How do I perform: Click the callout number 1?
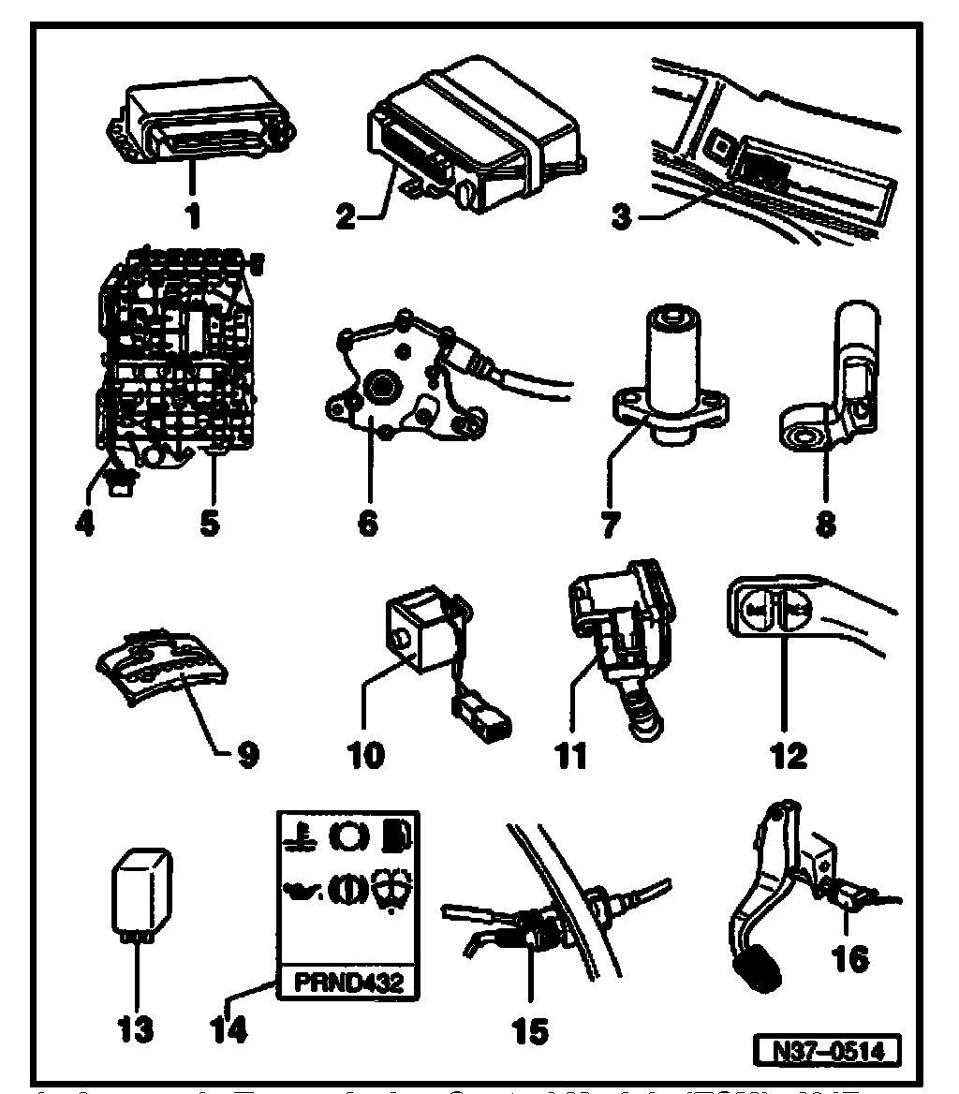pos(192,216)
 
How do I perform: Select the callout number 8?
pos(825,523)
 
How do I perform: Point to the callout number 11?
pos(571,753)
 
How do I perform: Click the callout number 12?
pos(788,753)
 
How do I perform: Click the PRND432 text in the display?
pos(348,983)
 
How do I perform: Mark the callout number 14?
pos(229,1029)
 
